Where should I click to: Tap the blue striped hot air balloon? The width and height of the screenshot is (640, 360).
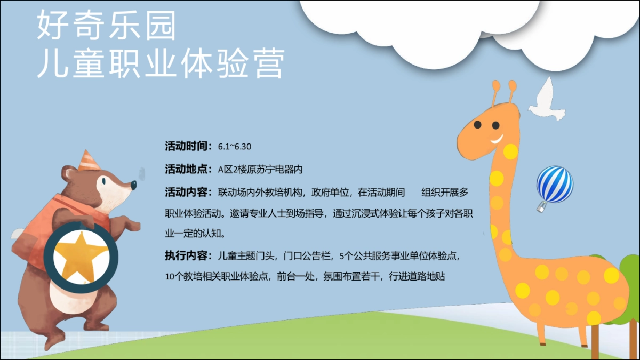tap(555, 183)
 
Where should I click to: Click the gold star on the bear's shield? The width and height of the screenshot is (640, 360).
tap(82, 255)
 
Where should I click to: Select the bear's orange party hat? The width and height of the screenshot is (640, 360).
tap(87, 161)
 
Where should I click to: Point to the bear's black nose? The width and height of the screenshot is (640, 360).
tap(133, 185)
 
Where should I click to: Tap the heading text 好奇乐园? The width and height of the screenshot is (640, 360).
tap(106, 27)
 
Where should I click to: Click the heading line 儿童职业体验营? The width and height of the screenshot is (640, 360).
tap(159, 64)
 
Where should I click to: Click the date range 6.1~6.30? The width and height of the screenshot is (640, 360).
tap(235, 146)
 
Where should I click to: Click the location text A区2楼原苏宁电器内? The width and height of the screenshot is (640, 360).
tap(260, 170)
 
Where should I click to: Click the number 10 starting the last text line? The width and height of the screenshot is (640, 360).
tap(170, 277)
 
